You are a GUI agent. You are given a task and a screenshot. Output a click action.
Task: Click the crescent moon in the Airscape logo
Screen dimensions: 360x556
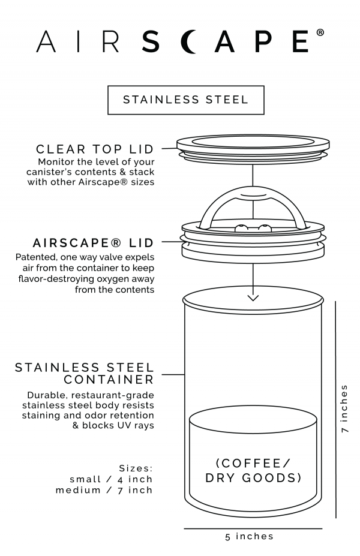(189, 42)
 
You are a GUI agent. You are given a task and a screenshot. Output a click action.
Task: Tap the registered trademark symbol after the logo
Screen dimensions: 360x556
(320, 32)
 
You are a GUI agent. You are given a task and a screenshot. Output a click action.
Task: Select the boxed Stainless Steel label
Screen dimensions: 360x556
(186, 100)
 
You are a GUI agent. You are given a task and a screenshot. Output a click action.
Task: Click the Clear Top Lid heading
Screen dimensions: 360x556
(95, 149)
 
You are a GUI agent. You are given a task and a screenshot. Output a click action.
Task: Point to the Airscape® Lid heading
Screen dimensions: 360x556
(93, 243)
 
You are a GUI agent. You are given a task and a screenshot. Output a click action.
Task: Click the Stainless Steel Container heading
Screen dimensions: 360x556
(85, 374)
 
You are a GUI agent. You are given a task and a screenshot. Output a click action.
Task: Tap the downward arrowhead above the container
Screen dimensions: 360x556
(253, 298)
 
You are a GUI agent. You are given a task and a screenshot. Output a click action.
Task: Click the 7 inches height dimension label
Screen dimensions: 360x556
(344, 408)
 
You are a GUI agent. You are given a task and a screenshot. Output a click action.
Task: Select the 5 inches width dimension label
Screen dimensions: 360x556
(250, 536)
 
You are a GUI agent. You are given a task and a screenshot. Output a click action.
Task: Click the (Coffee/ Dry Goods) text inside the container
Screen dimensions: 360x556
(253, 471)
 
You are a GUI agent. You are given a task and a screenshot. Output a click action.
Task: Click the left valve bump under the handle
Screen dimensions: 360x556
(242, 228)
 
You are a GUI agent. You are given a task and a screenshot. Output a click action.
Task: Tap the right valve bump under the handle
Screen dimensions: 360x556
(264, 228)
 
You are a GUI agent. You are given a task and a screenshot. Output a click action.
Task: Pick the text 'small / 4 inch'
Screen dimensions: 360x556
(111, 479)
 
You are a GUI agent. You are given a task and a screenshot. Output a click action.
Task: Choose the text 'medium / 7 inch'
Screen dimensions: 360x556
(104, 490)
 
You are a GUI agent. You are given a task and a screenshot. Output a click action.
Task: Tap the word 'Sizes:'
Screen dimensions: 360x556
(136, 468)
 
